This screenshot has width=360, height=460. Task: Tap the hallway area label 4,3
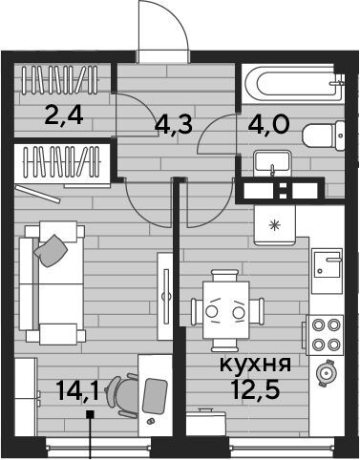click(x=174, y=124)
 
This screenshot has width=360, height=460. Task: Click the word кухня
click(x=255, y=364)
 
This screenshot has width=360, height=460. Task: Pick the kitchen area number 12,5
click(x=257, y=389)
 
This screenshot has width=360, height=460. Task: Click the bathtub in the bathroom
click(x=292, y=83)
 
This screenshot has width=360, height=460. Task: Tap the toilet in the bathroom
click(x=323, y=136)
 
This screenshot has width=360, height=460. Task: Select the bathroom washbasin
click(x=271, y=162)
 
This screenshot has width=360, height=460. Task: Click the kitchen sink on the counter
click(x=328, y=271)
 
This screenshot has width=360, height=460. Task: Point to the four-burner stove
click(x=325, y=335)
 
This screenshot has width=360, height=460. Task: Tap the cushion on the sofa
click(x=51, y=250)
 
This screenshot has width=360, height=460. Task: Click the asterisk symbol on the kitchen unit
click(x=273, y=225)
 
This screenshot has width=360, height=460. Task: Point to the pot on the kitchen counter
click(x=325, y=373)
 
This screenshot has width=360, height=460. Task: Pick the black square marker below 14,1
click(x=91, y=414)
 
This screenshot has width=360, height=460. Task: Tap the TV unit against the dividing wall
click(x=165, y=296)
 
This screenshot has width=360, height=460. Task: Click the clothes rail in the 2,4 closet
click(x=60, y=80)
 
